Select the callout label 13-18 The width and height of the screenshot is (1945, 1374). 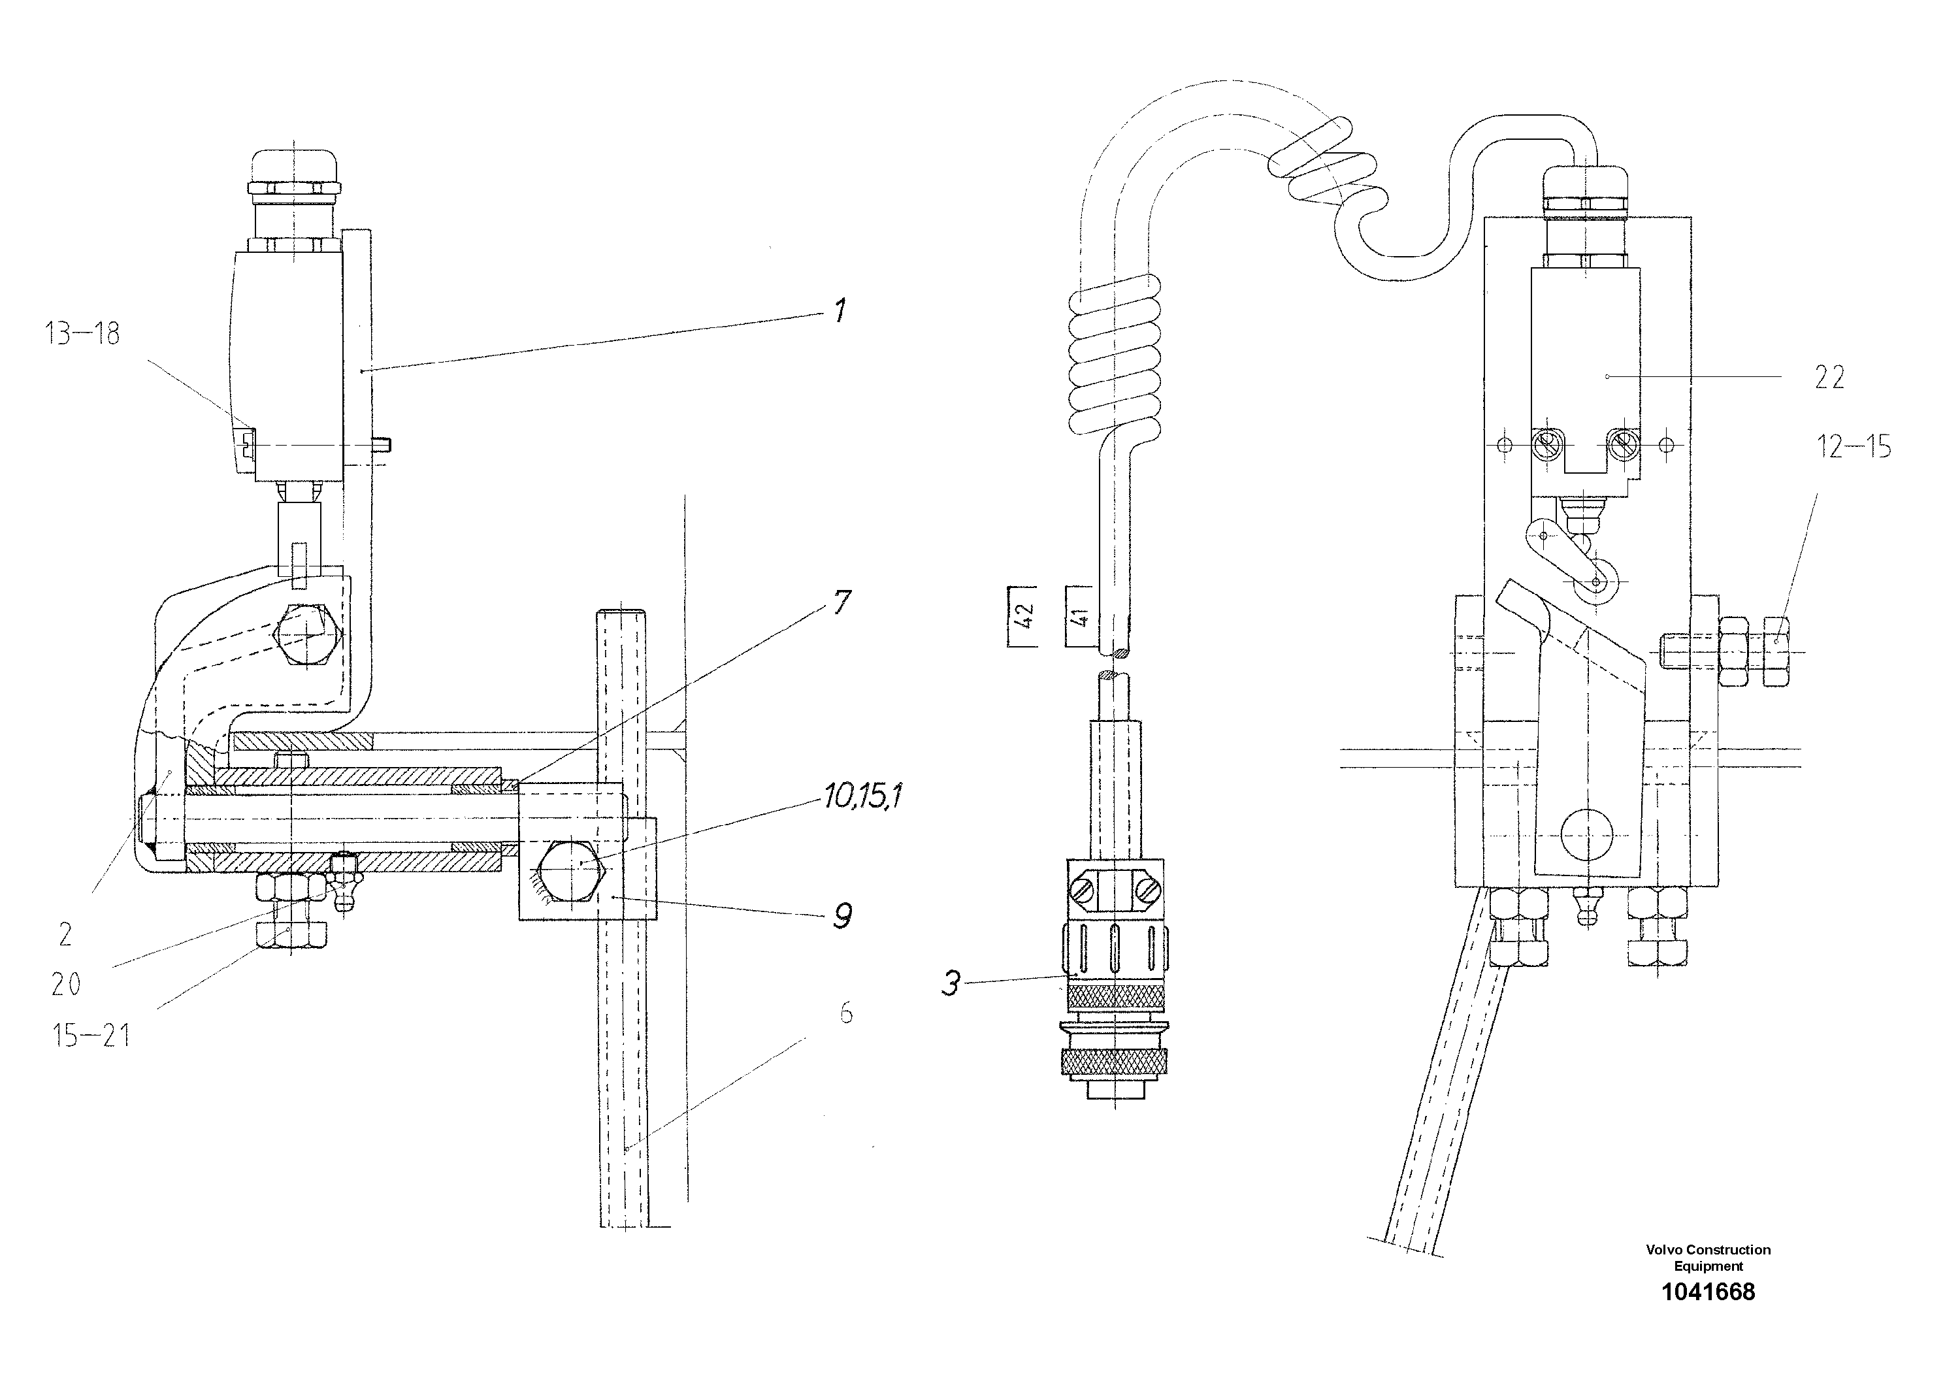coord(82,334)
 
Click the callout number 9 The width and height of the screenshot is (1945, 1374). coord(842,916)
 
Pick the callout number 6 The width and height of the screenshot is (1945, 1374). coord(845,1013)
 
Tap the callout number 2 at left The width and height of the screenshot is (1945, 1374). coord(65,934)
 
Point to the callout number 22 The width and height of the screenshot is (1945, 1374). coord(1829,378)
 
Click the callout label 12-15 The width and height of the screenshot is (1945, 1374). coord(1854,446)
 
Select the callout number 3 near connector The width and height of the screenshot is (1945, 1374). coord(951,985)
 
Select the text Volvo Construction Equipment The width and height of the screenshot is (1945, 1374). coord(1708,1258)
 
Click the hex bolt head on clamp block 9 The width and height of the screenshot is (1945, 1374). coord(572,872)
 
